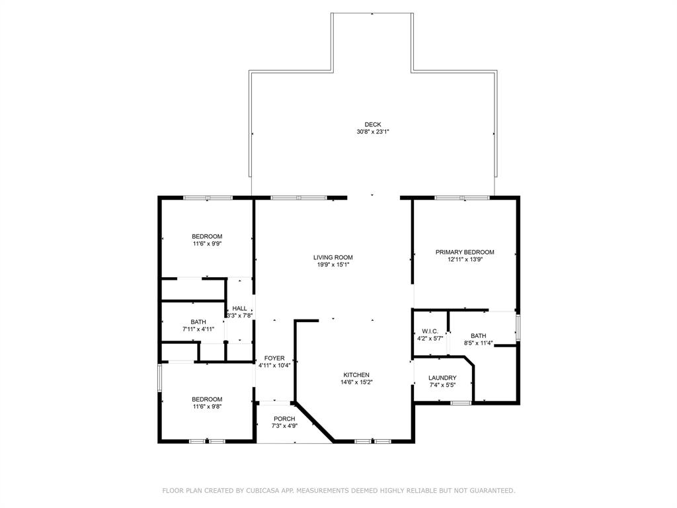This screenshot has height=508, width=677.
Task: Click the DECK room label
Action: [373, 125]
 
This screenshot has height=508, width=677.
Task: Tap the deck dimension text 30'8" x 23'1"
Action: [373, 132]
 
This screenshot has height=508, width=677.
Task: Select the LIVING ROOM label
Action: [333, 257]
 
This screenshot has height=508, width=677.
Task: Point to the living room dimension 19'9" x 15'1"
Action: [333, 265]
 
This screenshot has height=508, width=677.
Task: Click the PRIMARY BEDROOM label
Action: [465, 252]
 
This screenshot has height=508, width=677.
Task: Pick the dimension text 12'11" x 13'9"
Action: [465, 259]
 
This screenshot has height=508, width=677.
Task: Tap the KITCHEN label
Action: [356, 375]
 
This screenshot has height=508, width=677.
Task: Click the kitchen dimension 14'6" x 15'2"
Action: [356, 382]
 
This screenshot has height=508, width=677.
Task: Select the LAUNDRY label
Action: [442, 378]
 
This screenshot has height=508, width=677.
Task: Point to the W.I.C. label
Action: [430, 331]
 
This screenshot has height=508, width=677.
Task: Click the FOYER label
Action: [274, 358]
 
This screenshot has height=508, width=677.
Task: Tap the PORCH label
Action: [284, 419]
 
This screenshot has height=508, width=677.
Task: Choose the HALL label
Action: [239, 308]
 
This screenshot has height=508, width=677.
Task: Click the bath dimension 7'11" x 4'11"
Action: [198, 329]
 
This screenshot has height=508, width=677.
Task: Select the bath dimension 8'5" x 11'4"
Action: [479, 343]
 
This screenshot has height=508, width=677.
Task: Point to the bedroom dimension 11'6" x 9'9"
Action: [207, 243]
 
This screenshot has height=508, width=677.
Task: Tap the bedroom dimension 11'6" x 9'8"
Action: [207, 407]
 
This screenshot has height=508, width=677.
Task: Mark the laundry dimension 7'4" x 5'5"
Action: [442, 386]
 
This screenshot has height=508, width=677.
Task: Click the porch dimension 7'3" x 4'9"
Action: [284, 426]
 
